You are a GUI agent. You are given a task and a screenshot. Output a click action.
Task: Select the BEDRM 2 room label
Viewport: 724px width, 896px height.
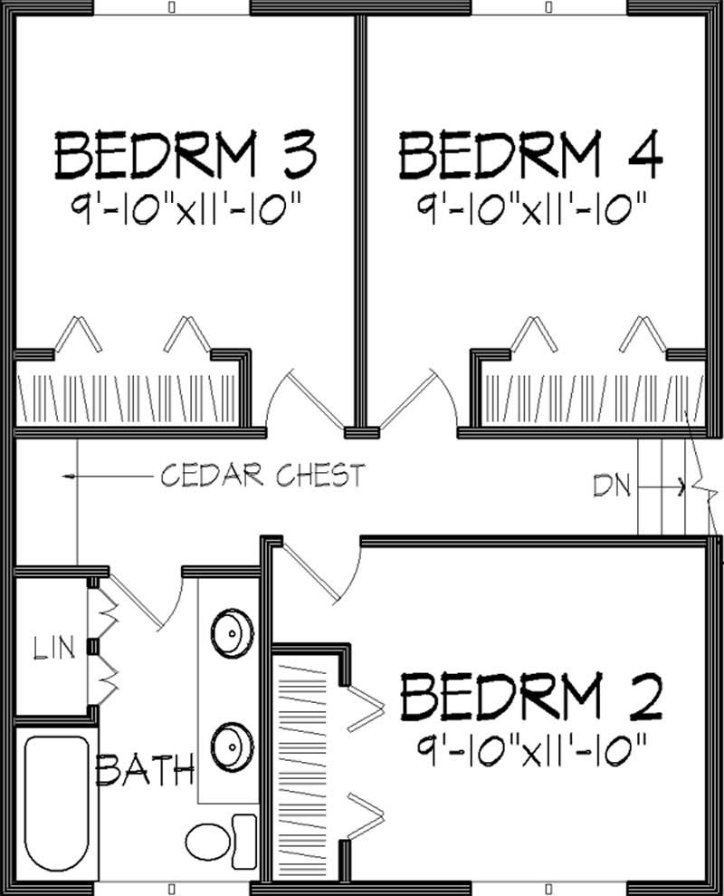[x=532, y=696]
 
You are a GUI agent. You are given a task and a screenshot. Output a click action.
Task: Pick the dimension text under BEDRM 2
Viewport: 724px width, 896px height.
[x=532, y=748]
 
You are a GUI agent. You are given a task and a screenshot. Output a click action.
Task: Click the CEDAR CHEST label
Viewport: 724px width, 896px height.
[x=262, y=475]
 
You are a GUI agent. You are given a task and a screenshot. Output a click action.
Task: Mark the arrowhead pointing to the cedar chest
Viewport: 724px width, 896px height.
[x=68, y=475]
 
